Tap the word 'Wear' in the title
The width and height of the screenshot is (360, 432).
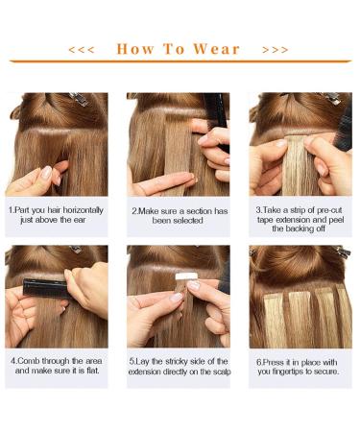pos(219,49)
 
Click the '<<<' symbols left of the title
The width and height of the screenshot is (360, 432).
pos(82,49)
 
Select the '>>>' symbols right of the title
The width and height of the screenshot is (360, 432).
pos(276,49)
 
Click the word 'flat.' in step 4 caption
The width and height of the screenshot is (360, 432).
pos(94,371)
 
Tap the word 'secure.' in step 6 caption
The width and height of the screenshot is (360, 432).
pos(323,371)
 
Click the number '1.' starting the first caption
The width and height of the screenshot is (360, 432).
pos(12,208)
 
